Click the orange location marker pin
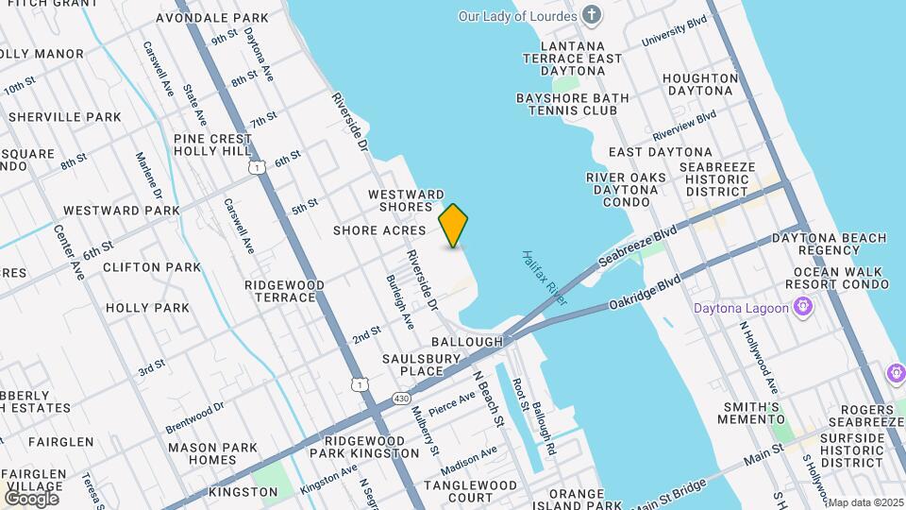tap(454, 225)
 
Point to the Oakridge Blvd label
tap(645, 292)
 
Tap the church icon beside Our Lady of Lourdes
tap(592, 15)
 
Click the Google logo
tap(31, 498)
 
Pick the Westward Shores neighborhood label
tap(406, 201)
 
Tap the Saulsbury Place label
tap(421, 365)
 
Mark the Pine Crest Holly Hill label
tap(213, 144)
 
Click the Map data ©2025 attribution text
tap(865, 502)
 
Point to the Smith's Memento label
tap(752, 414)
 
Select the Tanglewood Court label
tap(471, 491)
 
